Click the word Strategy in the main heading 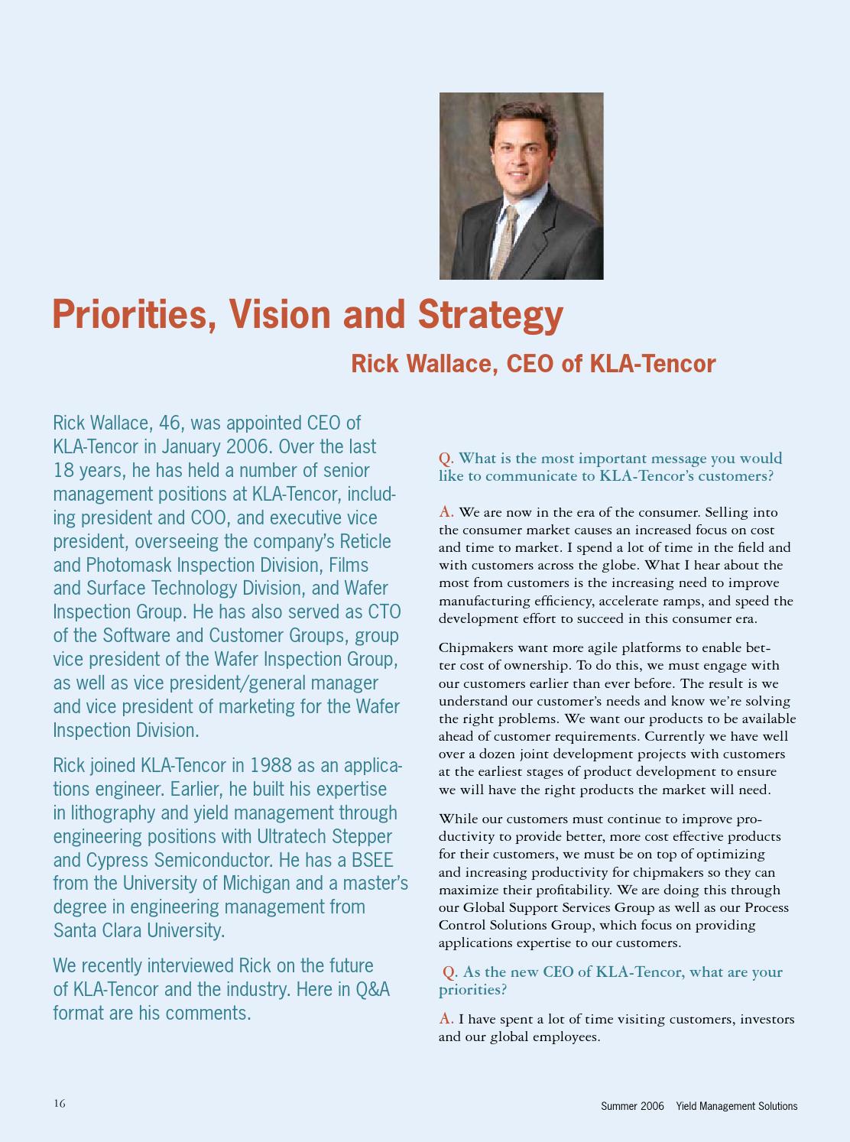click(x=490, y=315)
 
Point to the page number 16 click(x=60, y=1103)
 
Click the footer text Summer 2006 click(x=632, y=1106)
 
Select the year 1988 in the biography click(x=271, y=765)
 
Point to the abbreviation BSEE click(x=372, y=860)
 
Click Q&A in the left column click(x=372, y=989)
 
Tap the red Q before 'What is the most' click(x=445, y=458)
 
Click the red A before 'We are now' click(x=446, y=511)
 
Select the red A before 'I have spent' click(x=446, y=1019)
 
